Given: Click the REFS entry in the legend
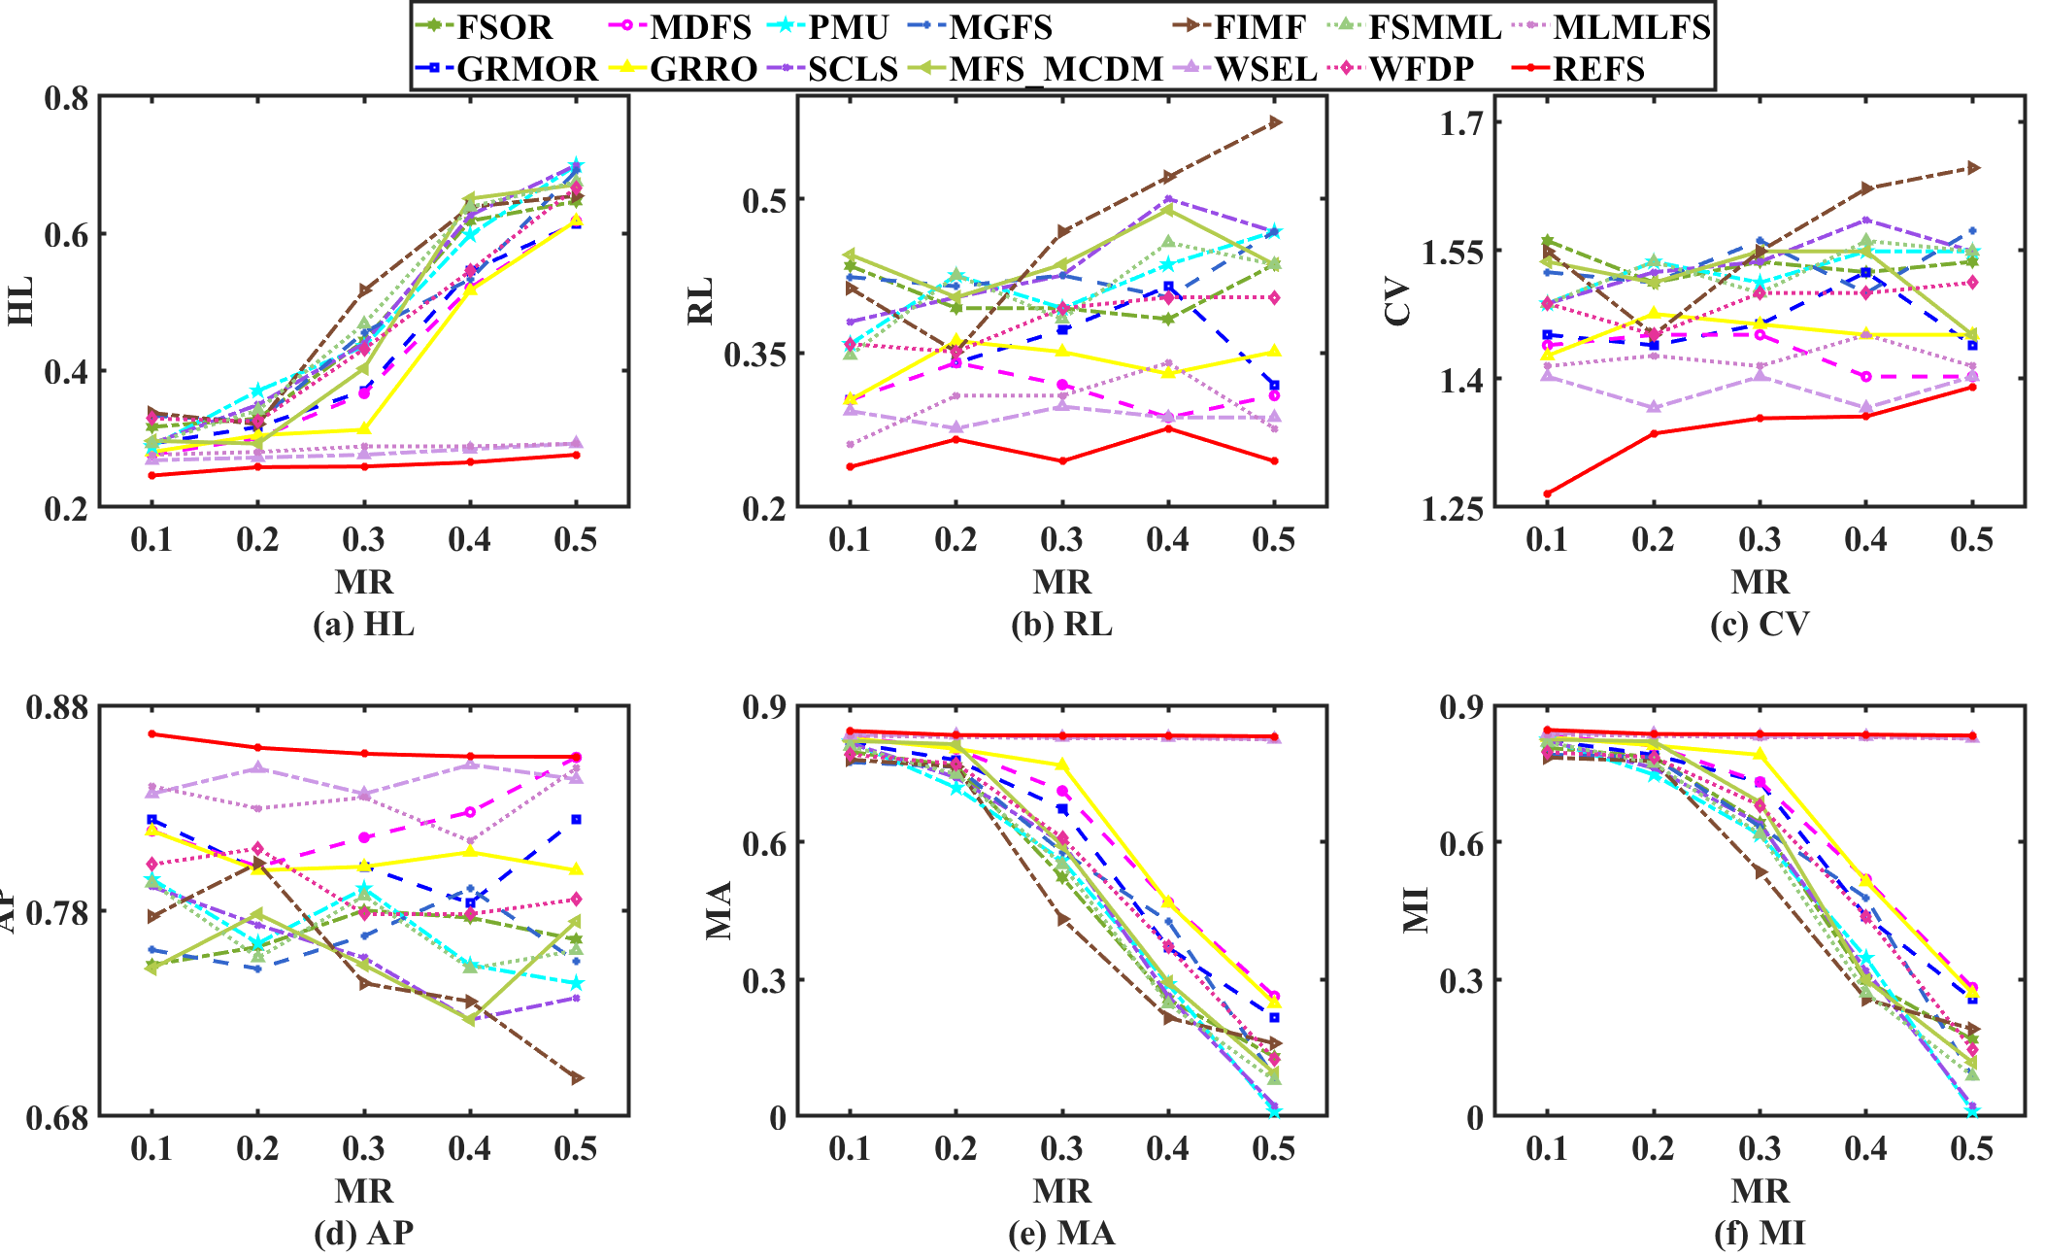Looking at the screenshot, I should click(1598, 69).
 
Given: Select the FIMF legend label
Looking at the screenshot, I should click(1259, 27).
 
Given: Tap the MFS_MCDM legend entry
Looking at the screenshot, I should click(1056, 69).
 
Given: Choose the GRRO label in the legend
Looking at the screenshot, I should click(703, 69).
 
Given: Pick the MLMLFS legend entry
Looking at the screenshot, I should click(1631, 27).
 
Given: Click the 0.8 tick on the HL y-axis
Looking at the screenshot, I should click(66, 98).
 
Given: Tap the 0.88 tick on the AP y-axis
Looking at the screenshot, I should click(56, 706).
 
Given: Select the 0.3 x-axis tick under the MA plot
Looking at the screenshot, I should click(1061, 1149).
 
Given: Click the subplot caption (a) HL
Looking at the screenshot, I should click(363, 624).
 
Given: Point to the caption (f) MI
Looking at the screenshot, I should click(1760, 1233).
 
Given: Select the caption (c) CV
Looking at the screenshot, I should click(1760, 624).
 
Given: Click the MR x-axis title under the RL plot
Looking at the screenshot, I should click(1061, 582).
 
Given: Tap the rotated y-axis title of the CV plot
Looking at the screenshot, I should click(1397, 301).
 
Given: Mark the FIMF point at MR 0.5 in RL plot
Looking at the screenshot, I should click(1275, 122).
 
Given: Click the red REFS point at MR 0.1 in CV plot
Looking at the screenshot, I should click(1547, 493).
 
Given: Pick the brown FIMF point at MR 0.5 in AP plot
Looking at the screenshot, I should click(577, 1078).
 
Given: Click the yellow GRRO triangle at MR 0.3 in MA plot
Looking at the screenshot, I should click(1062, 765).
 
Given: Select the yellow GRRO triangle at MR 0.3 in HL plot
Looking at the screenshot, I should click(364, 429).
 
